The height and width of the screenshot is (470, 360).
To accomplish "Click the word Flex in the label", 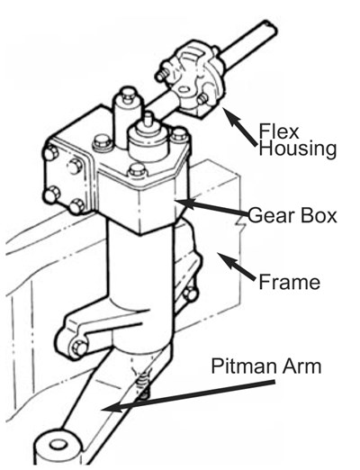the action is [x=279, y=131].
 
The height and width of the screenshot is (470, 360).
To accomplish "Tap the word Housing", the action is [x=297, y=149].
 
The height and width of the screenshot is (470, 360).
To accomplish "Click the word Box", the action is [x=319, y=215].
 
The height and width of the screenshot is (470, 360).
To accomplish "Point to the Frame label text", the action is [x=289, y=282].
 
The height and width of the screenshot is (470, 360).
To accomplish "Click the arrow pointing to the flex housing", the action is [x=239, y=126].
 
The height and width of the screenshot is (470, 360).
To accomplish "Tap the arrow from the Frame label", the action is [x=238, y=267].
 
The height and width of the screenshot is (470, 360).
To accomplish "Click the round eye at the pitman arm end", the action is [x=58, y=444].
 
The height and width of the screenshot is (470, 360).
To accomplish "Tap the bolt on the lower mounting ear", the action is [x=79, y=348].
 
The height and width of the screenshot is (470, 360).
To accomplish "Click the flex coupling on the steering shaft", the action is [x=191, y=78].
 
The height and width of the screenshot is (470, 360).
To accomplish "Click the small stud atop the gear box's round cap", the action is [x=148, y=119].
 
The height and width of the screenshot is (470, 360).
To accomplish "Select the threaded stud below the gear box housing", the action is [x=144, y=385].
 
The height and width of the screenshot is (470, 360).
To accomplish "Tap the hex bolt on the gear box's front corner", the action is [x=137, y=171].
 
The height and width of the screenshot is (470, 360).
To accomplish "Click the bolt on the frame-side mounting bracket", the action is [x=191, y=294].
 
